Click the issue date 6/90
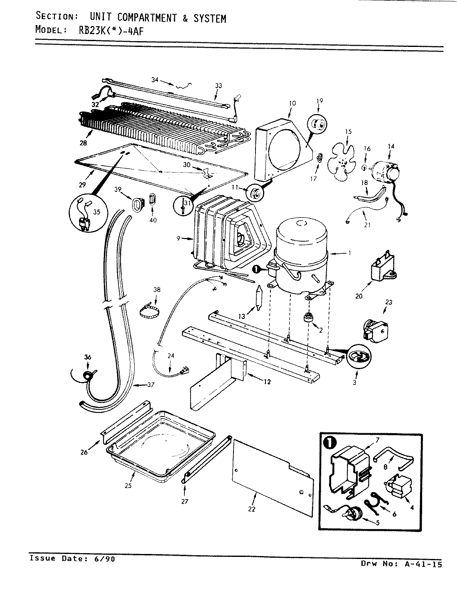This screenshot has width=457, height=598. pyautogui.click(x=104, y=558)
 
